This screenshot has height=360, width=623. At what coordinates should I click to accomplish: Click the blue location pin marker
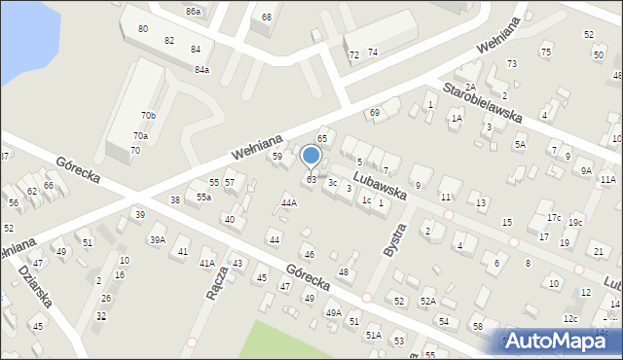pos(311,157)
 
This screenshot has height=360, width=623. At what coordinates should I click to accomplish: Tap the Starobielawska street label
pos(482,102)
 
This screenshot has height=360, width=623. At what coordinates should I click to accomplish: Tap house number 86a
pos(194,12)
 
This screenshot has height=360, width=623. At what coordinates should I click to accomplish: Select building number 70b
pos(148,116)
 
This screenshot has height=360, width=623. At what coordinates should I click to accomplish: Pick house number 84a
pos(202,70)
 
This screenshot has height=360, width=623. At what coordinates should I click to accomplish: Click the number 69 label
pos(374,114)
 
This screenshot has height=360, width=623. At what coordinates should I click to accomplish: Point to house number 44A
pos(288,202)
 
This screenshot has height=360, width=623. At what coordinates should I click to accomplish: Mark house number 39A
pos(157,239)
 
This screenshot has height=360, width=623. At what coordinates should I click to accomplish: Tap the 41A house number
pos(207,263)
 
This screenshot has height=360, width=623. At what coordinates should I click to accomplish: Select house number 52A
pos(428,302)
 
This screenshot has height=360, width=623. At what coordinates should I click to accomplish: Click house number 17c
pos(553,217)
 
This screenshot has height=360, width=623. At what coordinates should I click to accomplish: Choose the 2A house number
pos(469,88)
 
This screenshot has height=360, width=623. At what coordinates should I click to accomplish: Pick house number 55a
pos(203,198)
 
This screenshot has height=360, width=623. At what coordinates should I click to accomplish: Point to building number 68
pos(267,18)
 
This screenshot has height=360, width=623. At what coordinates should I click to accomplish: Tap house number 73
pos(512,63)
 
